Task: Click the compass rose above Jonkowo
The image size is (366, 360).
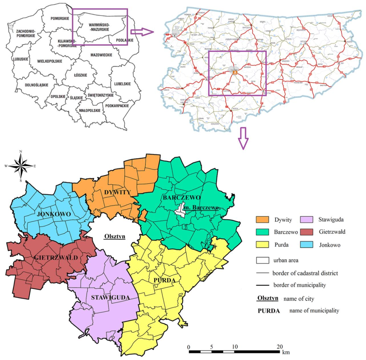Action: coord(21,166)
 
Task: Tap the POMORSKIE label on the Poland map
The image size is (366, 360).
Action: coord(60,19)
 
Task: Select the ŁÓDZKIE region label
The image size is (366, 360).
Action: coord(80,75)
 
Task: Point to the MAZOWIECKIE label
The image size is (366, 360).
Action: coord(101,55)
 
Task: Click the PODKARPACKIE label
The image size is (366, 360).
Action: coord(117,105)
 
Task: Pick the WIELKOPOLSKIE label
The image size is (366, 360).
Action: coord(50,61)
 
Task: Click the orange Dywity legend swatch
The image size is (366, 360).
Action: coord(262,220)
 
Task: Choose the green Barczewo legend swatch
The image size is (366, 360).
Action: coord(262,232)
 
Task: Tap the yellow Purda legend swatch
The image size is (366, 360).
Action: coord(262,245)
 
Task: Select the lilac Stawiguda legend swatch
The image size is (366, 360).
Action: coord(307,220)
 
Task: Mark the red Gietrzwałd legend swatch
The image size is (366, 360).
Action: coord(307,232)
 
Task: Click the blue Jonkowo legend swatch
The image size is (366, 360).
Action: coord(307,245)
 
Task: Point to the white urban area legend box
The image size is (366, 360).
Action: coord(262,260)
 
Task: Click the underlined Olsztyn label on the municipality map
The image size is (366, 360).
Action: coord(115,236)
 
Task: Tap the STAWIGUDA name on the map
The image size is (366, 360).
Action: coord(110,297)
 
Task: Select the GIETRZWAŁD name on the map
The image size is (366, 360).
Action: coord(56,257)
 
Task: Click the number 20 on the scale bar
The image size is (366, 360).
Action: coord(280,346)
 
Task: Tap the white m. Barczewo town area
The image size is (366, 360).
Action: coord(181,210)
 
